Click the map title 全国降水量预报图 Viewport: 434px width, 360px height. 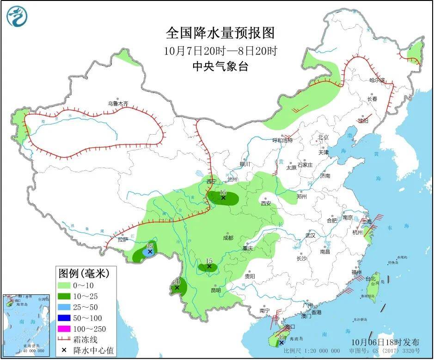220,34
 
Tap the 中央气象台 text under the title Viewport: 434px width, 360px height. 220,66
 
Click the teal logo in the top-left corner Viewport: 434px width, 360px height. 17,17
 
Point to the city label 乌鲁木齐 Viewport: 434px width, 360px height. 117,104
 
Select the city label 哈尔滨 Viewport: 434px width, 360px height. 377,80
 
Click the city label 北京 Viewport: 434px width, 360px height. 322,137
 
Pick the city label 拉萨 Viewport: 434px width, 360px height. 122,240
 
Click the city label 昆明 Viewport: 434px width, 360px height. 215,290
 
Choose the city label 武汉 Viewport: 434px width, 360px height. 309,236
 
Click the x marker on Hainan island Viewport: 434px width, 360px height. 281,342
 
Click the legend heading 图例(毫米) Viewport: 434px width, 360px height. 83,273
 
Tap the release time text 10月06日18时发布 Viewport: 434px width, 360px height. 385,342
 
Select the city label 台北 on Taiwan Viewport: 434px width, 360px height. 371,279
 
